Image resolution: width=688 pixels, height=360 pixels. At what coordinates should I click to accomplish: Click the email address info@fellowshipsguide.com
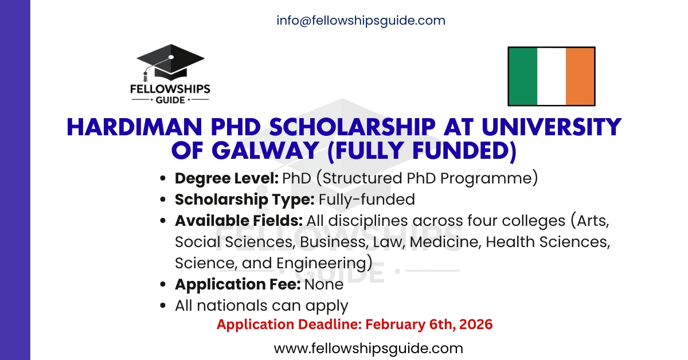361,21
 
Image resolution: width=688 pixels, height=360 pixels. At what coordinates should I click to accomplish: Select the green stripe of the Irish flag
523,76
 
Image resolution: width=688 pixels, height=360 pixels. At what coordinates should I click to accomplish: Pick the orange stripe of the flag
580,76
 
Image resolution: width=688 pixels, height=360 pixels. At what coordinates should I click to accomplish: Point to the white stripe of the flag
551,76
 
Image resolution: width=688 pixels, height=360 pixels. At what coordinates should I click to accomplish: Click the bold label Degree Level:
227,178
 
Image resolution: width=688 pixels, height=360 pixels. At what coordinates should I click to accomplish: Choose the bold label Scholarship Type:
245,199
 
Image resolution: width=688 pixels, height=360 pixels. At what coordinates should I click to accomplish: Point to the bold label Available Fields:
239,221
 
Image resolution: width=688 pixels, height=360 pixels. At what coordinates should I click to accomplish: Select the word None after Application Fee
324,284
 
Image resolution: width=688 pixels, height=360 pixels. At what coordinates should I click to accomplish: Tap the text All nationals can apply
261,306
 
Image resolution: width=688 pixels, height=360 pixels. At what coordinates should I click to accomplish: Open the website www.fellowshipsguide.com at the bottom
368,348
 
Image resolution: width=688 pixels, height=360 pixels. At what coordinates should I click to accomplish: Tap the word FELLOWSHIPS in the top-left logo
170,89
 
